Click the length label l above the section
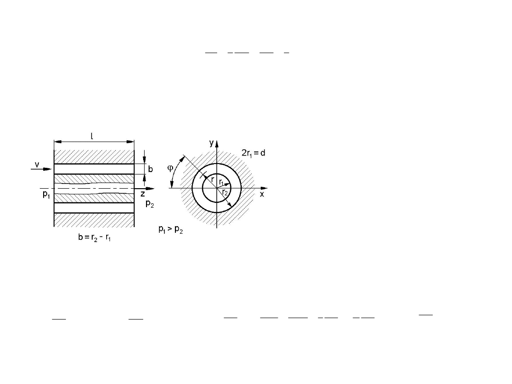92,136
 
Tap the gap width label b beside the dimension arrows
151,169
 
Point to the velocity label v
37,165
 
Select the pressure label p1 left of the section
46,194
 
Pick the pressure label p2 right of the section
149,204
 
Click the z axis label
143,194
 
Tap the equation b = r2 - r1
94,238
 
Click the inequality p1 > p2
171,229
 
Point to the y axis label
211,143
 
